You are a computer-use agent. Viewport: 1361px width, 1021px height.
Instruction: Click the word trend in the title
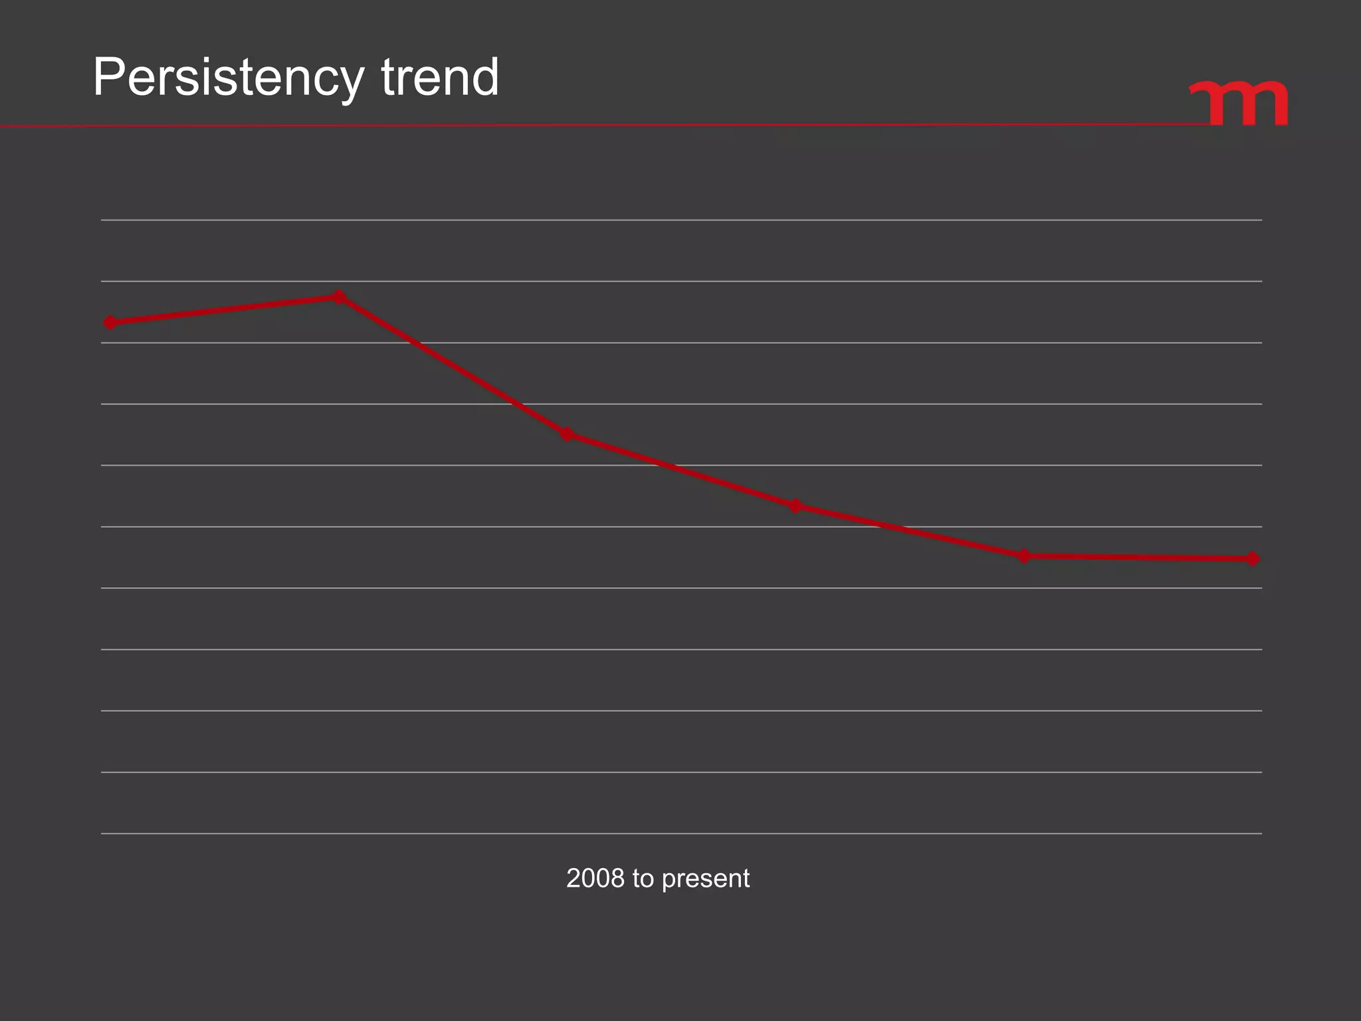(439, 77)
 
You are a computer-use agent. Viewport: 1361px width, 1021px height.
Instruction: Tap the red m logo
(1240, 103)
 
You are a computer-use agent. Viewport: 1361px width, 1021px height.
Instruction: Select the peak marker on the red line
(339, 296)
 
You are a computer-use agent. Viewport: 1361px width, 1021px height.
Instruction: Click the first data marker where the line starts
(111, 323)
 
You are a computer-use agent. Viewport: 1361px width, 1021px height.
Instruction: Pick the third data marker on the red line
(567, 435)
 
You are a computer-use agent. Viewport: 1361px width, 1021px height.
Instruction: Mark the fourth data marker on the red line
(795, 507)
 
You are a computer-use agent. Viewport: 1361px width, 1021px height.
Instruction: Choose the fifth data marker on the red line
(1024, 556)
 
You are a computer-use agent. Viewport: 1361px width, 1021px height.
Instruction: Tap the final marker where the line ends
(1253, 558)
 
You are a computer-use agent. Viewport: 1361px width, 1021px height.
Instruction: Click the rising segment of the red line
(225, 310)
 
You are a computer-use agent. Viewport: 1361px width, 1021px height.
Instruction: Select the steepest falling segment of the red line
(453, 366)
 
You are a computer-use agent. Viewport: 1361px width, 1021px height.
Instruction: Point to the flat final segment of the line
(1138, 557)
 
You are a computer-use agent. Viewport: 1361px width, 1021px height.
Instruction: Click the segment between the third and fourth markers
(681, 471)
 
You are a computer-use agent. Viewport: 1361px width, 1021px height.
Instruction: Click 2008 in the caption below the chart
(595, 879)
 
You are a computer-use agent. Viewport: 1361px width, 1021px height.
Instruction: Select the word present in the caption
(706, 879)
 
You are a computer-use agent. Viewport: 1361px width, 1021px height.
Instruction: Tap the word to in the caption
(643, 879)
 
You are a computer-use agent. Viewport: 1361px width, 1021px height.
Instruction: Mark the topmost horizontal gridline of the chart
(681, 220)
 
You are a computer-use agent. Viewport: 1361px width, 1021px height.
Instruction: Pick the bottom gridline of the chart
(681, 833)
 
